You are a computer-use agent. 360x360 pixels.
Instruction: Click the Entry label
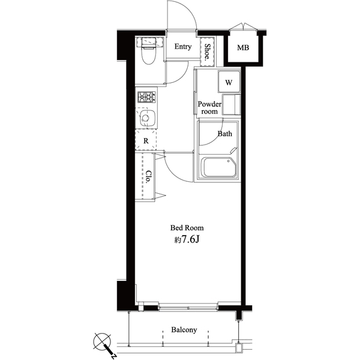point(183,47)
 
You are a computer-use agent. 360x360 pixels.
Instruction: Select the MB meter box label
point(243,48)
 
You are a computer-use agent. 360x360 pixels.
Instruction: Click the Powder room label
point(209,107)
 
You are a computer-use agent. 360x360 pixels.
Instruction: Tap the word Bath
point(224,134)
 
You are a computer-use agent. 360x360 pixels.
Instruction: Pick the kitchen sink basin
point(147,119)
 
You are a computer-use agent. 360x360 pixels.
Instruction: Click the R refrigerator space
point(145,140)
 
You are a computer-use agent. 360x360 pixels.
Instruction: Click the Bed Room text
point(187,228)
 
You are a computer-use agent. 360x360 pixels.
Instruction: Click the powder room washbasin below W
point(230,104)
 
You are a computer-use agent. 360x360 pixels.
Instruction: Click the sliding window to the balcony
point(188,307)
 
